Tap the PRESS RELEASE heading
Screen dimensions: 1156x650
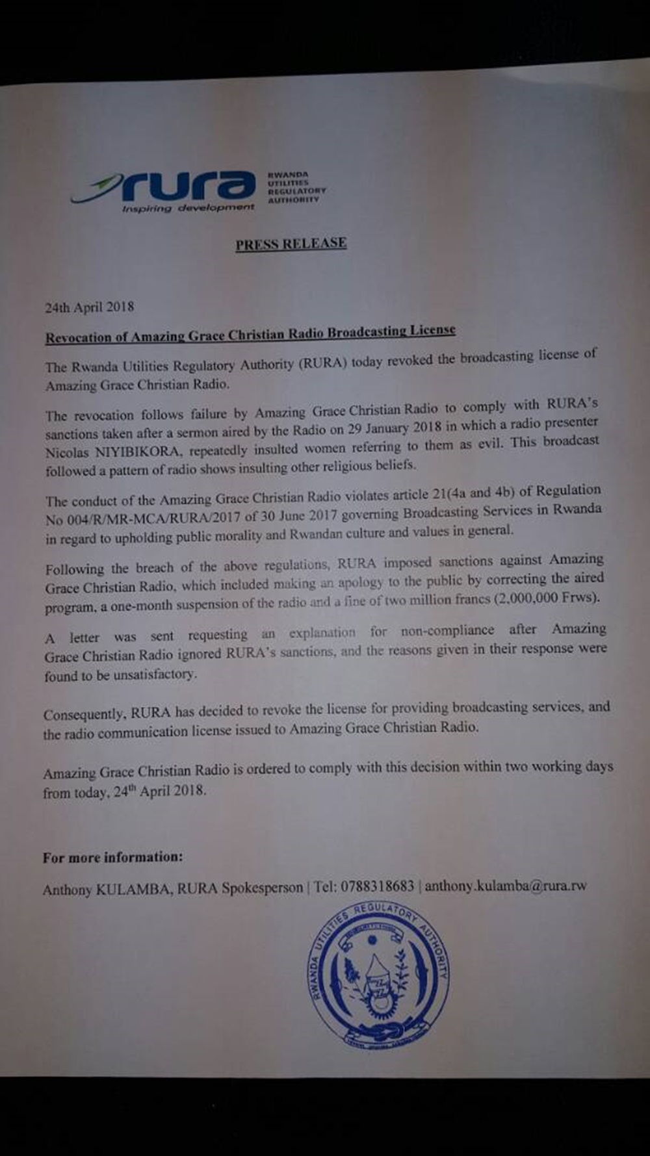point(291,244)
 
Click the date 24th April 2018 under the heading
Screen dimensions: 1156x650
point(89,307)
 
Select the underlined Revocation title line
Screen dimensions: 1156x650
point(250,333)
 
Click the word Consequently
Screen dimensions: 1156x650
point(83,715)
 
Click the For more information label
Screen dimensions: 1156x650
point(112,857)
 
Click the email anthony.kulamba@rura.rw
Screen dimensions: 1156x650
point(505,885)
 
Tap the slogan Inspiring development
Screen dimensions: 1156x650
point(188,208)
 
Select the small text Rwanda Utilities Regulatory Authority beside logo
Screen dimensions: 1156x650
point(296,186)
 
